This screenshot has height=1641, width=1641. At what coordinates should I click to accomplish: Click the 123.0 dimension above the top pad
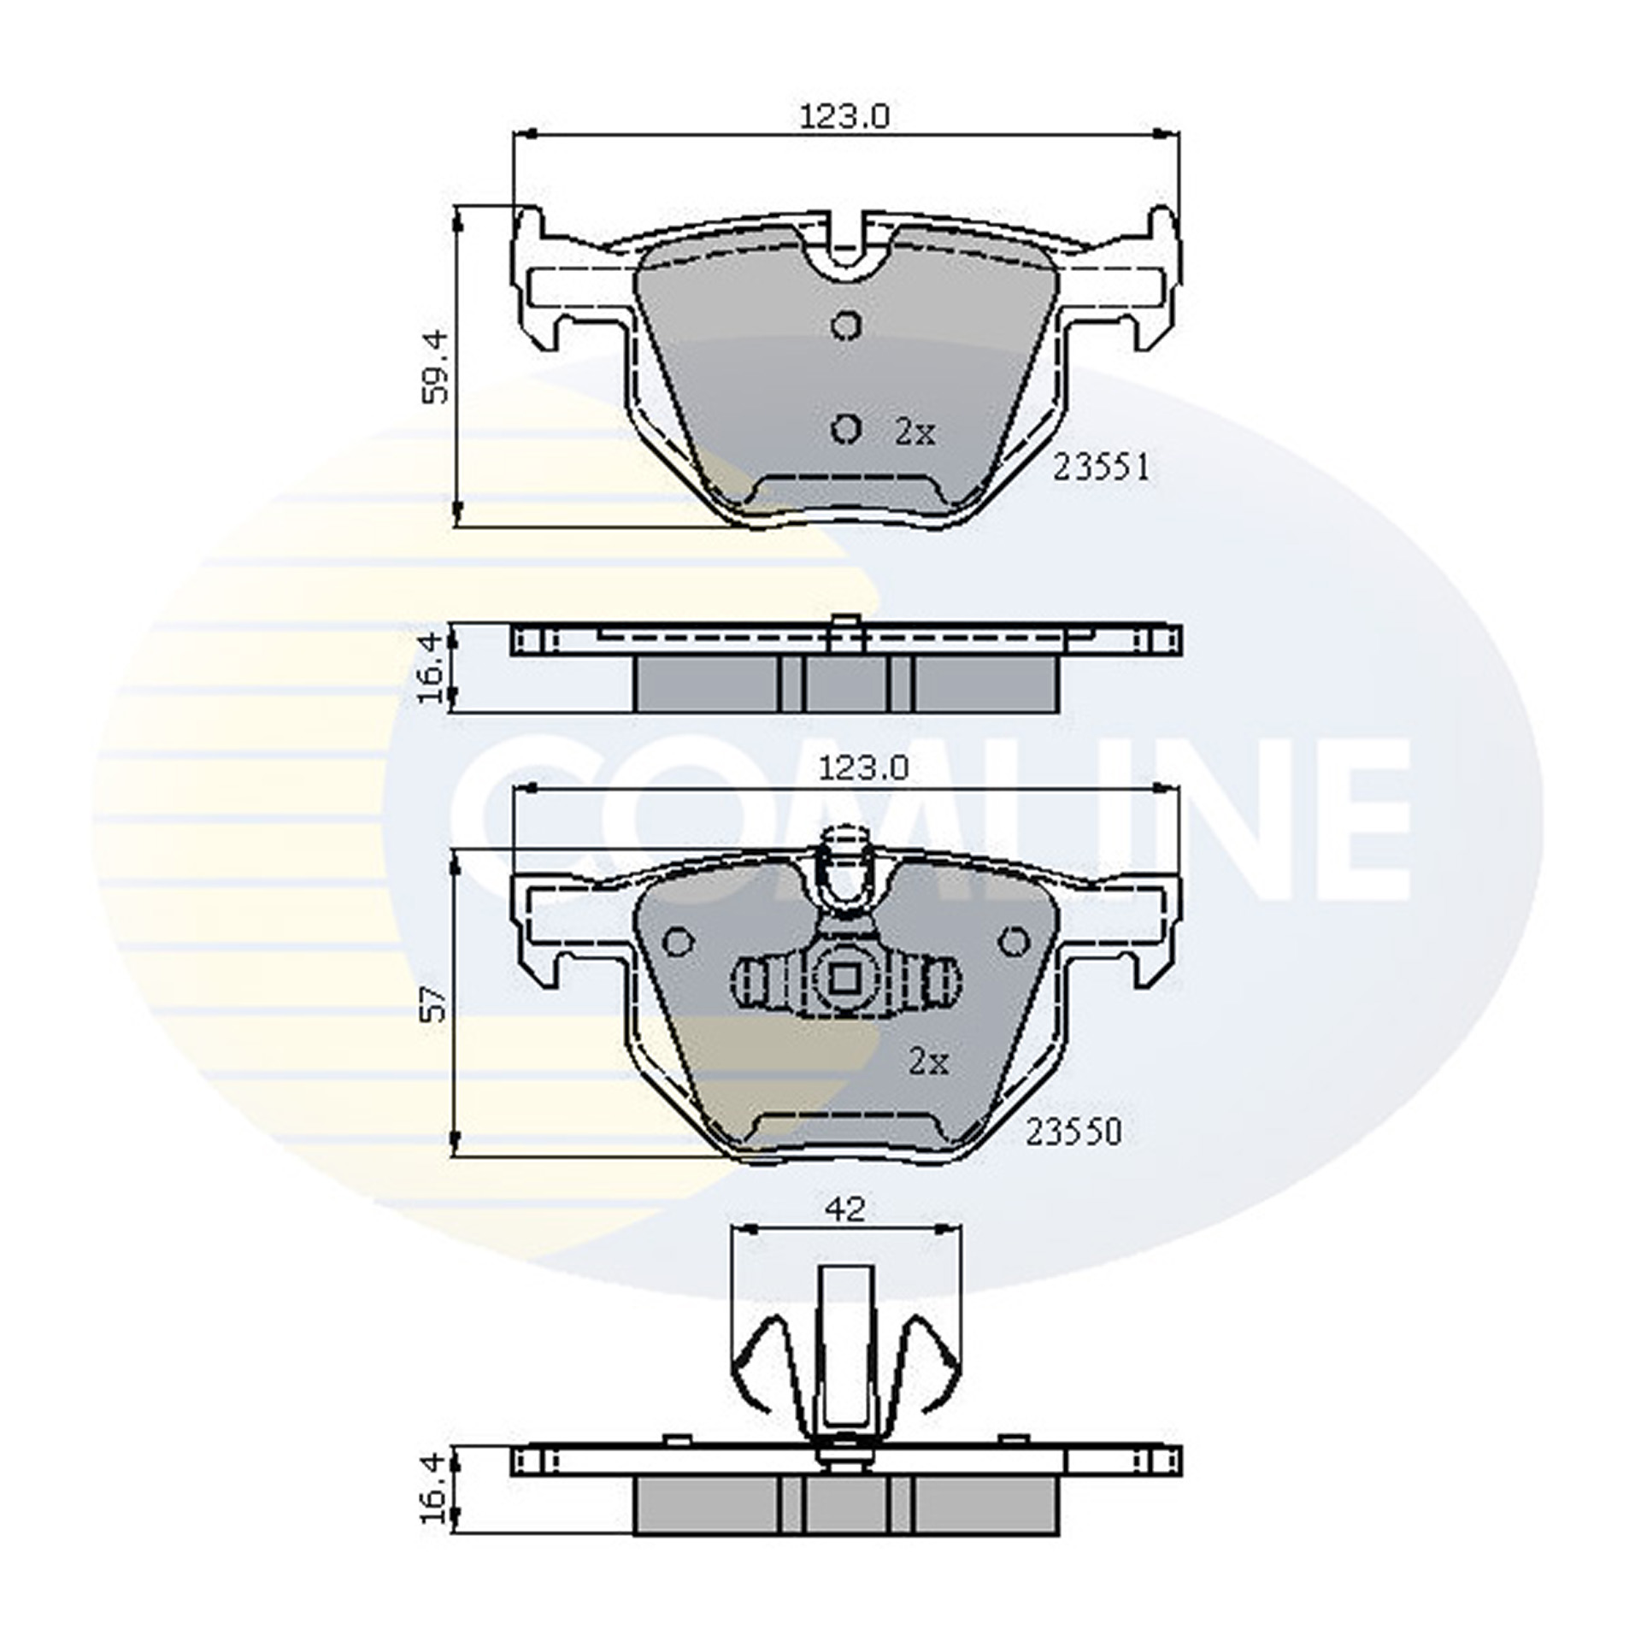(844, 115)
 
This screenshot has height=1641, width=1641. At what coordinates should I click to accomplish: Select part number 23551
(1100, 468)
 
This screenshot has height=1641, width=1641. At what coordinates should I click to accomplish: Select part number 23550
(1073, 1132)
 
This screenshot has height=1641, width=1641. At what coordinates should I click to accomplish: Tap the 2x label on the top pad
(915, 433)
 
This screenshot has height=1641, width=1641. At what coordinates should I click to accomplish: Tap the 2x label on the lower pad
(928, 1062)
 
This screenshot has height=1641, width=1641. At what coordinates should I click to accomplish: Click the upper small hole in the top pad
(845, 326)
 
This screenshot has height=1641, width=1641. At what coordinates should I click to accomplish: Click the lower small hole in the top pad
(845, 429)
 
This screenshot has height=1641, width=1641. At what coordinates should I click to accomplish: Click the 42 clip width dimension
(846, 1208)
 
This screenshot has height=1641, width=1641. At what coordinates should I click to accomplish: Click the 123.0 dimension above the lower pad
(863, 770)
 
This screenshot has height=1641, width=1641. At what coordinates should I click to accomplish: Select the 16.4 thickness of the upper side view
(432, 668)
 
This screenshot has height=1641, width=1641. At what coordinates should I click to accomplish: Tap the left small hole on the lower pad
(679, 942)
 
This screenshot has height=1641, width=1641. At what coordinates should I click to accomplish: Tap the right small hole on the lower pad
(1014, 941)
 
